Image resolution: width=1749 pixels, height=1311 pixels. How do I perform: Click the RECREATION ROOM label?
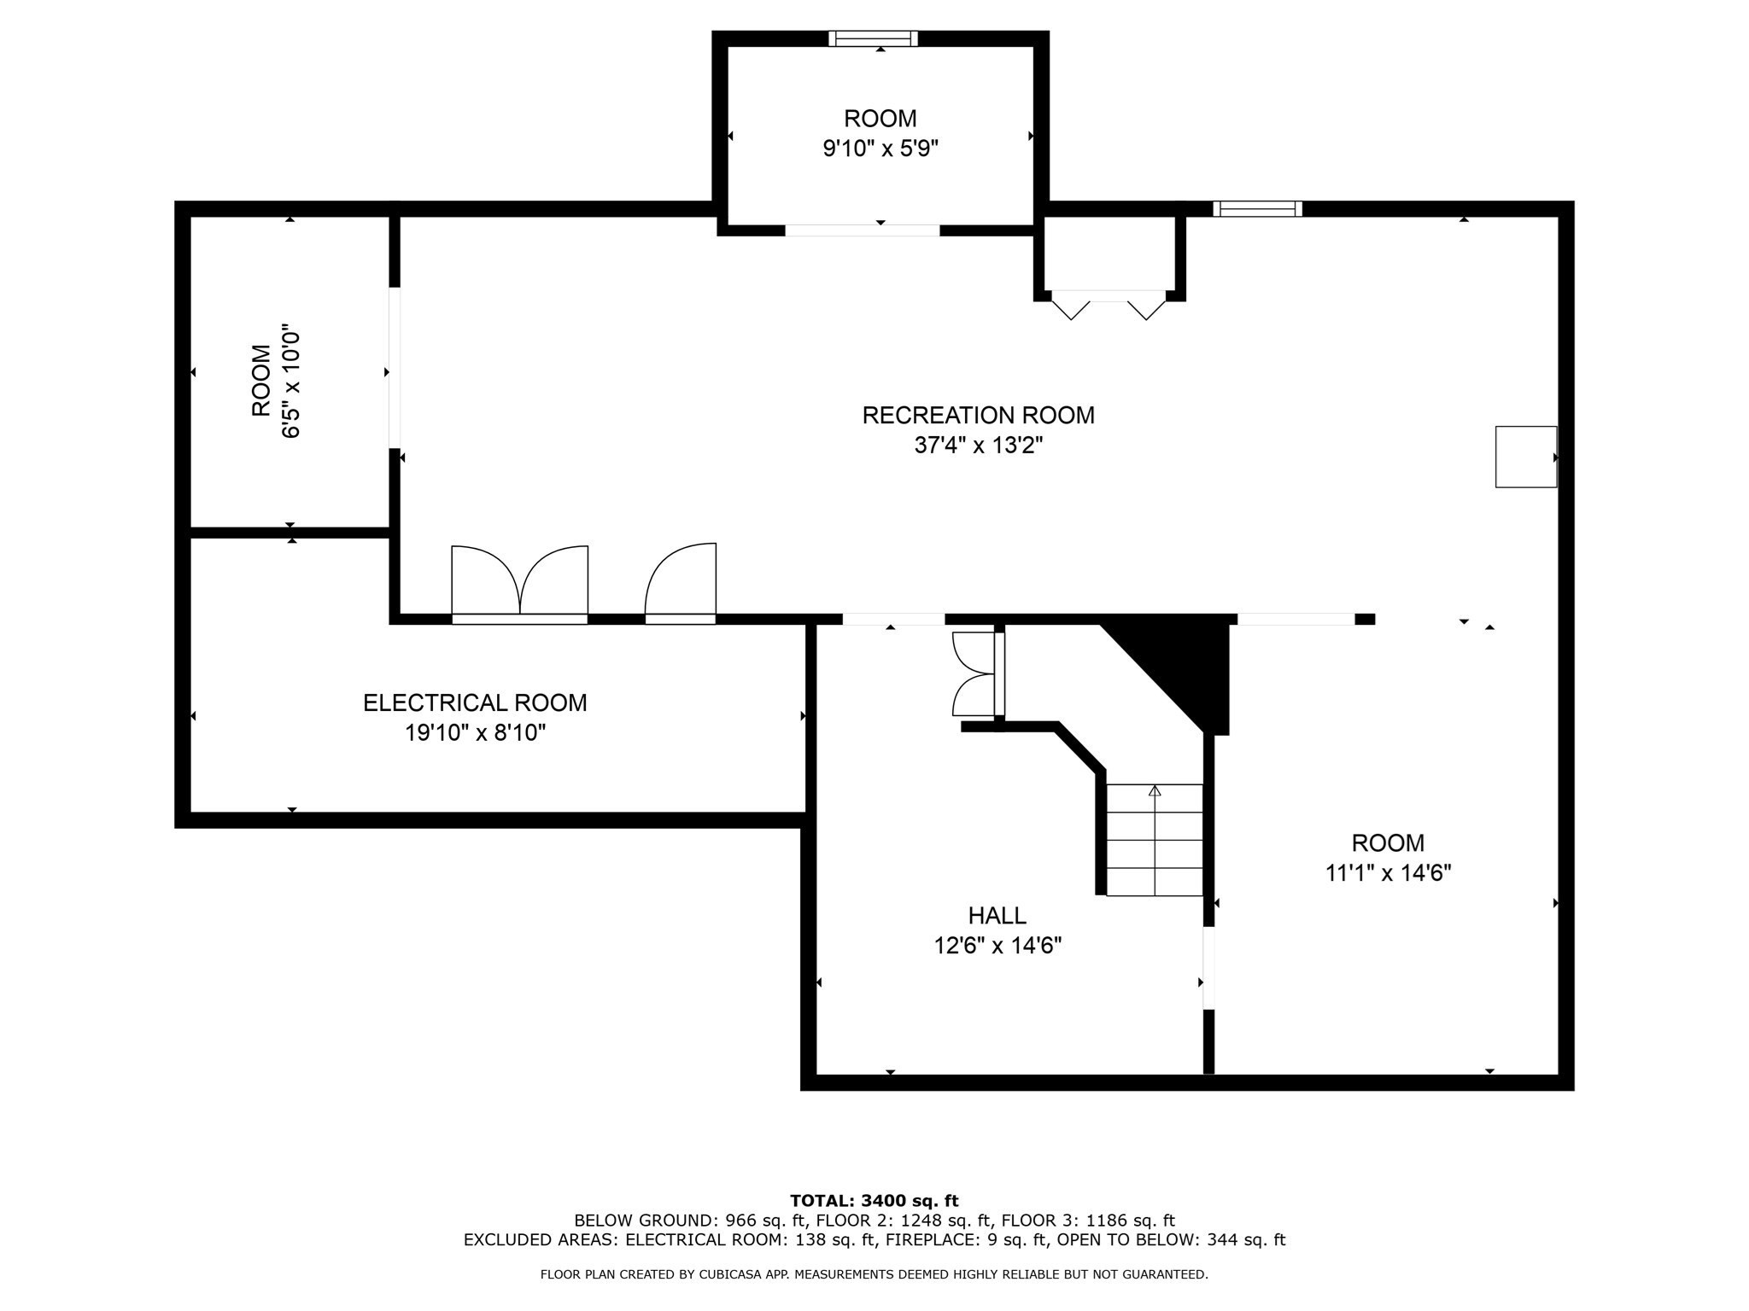978,416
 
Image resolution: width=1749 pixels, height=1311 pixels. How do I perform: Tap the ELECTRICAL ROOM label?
475,703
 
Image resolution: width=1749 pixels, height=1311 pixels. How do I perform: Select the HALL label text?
997,916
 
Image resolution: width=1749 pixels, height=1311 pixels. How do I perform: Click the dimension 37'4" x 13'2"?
979,446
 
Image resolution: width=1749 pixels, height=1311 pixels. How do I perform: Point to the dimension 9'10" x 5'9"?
880,149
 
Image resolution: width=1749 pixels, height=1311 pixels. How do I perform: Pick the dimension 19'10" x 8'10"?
475,733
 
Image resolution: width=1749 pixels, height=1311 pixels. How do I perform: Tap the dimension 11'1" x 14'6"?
1388,873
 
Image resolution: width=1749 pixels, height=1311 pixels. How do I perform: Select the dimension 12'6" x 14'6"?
997,946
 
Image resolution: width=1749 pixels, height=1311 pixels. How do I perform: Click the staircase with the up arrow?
1155,840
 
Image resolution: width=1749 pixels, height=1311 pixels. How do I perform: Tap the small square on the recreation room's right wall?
1526,457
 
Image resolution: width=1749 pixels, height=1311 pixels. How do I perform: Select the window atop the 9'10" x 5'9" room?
873,38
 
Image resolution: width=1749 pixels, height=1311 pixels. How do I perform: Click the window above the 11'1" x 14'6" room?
1257,208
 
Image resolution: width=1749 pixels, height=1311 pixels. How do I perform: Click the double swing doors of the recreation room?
519,584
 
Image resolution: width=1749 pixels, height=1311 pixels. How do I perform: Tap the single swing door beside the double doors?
681,583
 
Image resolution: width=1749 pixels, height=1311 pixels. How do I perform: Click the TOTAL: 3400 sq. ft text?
874,1202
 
